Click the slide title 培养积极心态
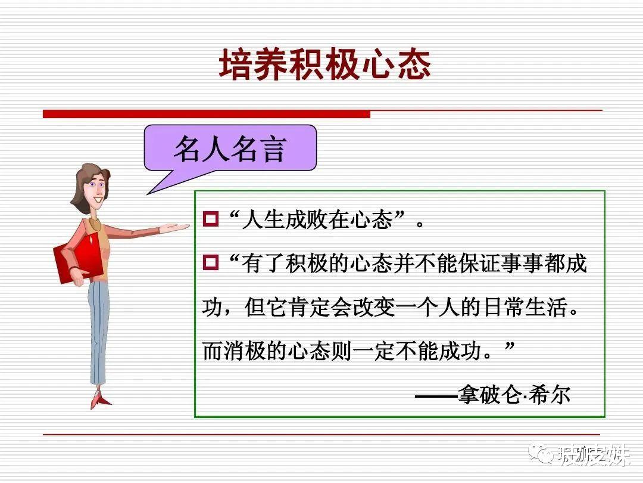point(324,64)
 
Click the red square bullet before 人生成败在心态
point(211,219)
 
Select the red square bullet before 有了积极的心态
point(211,262)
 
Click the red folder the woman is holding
point(74,256)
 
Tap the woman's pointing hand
point(173,228)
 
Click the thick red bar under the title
point(206,113)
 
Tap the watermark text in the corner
point(592,456)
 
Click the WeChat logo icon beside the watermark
point(544,456)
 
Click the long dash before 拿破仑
point(436,395)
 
